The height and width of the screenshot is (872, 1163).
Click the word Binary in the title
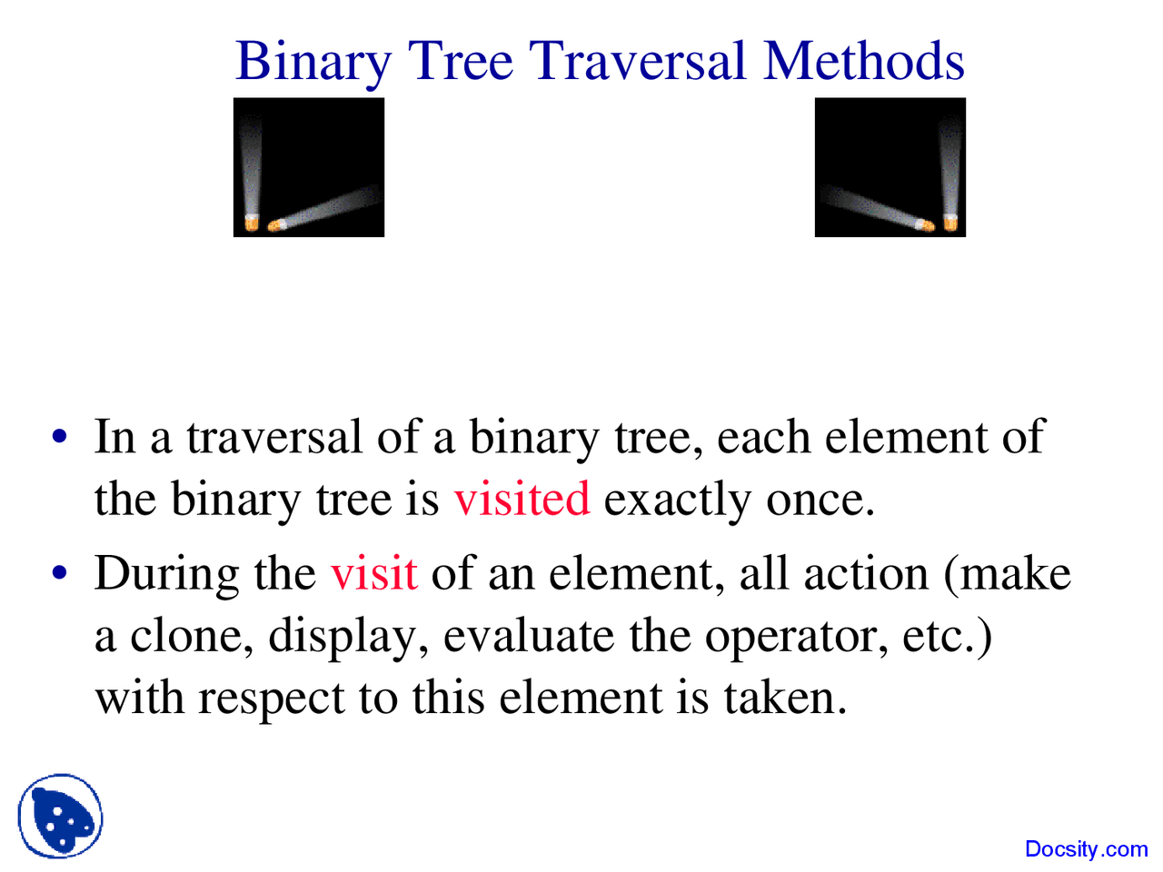[313, 62]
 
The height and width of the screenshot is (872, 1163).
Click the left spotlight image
[309, 167]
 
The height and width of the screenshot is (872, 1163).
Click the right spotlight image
[890, 167]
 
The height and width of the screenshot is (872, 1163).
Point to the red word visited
[522, 499]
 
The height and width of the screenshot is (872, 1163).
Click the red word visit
[373, 573]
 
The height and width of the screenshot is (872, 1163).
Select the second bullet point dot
[60, 573]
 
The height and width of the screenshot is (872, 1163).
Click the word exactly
[678, 500]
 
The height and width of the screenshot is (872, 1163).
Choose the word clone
[192, 635]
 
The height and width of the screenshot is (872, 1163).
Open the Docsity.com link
[1086, 849]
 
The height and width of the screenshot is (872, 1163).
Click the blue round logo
[60, 816]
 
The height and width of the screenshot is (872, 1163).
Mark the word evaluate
[528, 635]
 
